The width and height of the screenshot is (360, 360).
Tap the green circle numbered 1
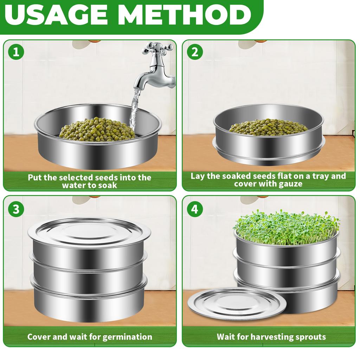coord(16,53)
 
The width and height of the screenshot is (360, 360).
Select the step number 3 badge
coord(16,209)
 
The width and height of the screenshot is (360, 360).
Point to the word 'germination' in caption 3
coord(127,337)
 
